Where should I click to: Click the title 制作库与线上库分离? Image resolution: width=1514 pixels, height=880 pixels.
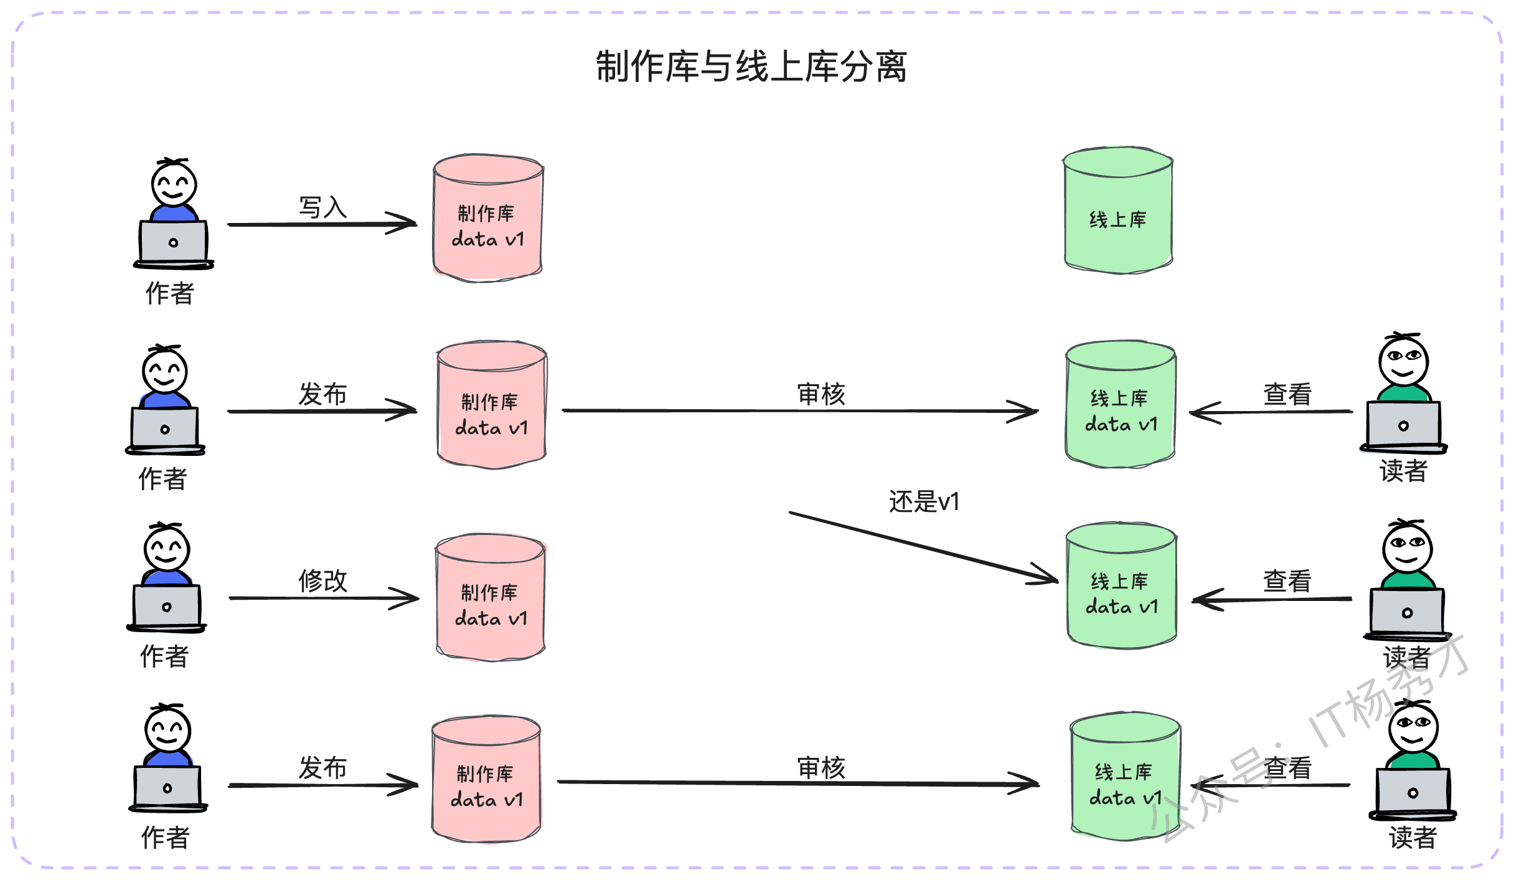tap(751, 67)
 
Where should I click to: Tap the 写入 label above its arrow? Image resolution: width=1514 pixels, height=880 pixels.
tap(322, 207)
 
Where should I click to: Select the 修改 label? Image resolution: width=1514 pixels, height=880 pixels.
tap(322, 580)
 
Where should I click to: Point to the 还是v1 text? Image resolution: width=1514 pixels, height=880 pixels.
tap(924, 501)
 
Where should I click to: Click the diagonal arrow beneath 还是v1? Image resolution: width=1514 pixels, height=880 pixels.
tap(924, 547)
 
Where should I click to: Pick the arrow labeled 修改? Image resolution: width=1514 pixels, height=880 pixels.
tap(324, 598)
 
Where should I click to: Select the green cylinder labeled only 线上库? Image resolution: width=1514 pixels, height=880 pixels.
tap(1118, 211)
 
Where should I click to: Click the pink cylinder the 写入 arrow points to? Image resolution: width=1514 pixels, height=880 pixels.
tap(488, 218)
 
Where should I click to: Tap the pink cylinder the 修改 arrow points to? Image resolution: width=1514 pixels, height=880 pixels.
tap(491, 597)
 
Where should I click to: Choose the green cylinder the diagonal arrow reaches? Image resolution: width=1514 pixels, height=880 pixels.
tap(1121, 585)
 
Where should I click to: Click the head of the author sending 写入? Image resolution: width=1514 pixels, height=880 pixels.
tap(174, 183)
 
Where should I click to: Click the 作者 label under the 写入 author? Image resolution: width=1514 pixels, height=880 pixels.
tap(170, 293)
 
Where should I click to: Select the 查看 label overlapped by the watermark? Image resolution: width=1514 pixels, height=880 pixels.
tap(1287, 768)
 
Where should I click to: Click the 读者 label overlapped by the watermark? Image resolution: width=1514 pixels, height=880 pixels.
tap(1408, 657)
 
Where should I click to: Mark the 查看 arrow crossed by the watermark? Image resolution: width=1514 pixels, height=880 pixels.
tap(1271, 785)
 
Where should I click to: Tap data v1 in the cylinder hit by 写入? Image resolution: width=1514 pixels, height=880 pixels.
tap(488, 239)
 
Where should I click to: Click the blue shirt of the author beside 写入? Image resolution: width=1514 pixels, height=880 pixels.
tap(174, 213)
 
